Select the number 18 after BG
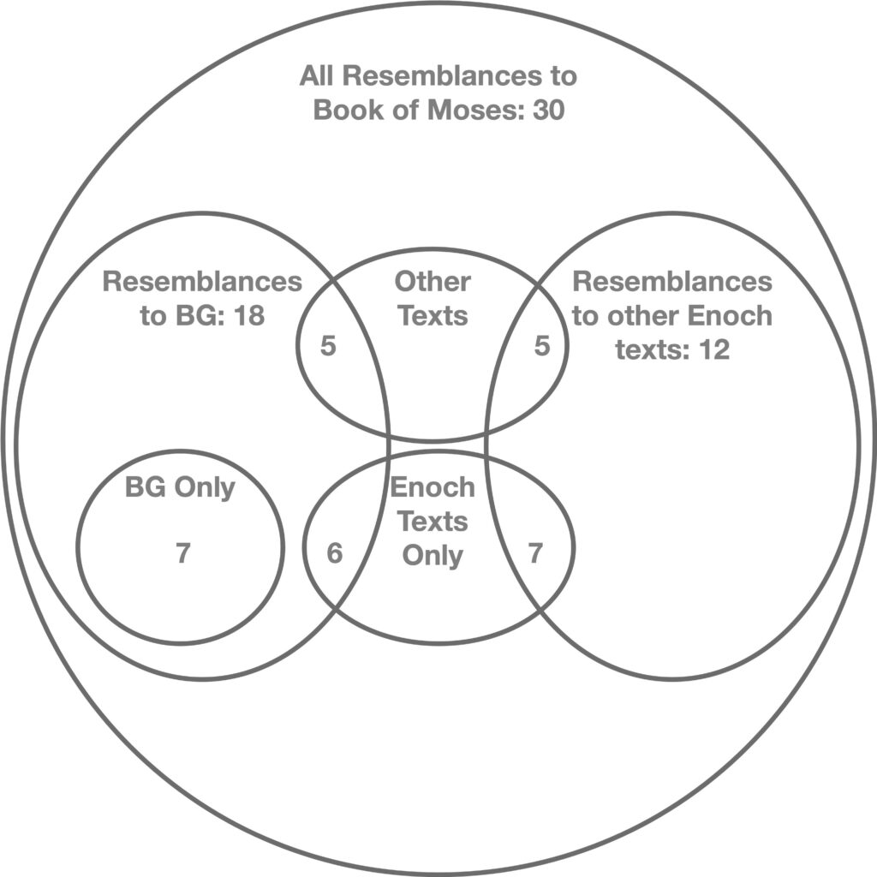[x=248, y=316]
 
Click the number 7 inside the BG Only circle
[x=182, y=554]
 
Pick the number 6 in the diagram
[x=334, y=554]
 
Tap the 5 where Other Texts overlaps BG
[x=327, y=347]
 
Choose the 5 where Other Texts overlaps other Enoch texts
[x=541, y=347]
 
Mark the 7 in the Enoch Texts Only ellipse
[x=535, y=554]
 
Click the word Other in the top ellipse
[x=433, y=282]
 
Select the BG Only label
[x=180, y=487]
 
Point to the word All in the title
[x=317, y=76]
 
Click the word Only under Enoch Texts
[x=433, y=555]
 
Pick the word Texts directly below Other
[x=433, y=316]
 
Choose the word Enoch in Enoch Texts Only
[x=433, y=487]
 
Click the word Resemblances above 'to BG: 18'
[x=202, y=282]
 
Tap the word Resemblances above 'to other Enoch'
[x=672, y=282]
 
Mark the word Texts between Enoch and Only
[x=433, y=521]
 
